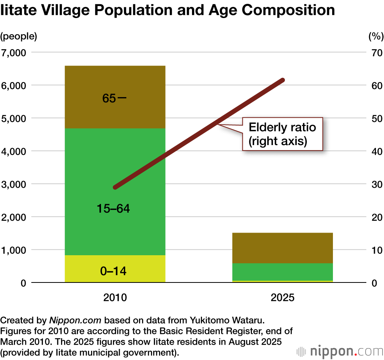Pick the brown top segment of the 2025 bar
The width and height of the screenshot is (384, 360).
pos(283,248)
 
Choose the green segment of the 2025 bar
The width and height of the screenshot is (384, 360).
pos(283,272)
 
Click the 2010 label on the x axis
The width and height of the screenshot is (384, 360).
pos(115,297)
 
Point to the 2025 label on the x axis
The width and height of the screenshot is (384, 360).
pos(283,297)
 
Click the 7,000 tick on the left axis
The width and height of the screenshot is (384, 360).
pos(15,52)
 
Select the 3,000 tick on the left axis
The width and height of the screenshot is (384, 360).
pos(15,184)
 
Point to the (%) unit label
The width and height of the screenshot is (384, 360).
pos(376,37)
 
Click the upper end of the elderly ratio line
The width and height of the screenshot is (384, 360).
pos(283,80)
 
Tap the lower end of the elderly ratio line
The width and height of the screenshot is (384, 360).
pos(115,187)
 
